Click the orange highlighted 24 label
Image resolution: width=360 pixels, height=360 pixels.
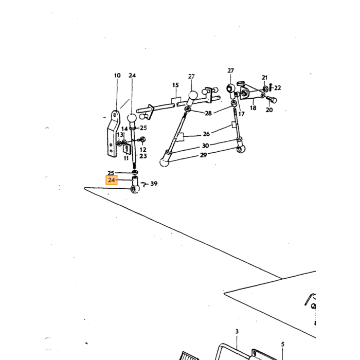[x=112, y=180]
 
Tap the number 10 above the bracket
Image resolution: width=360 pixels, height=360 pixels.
[x=117, y=76]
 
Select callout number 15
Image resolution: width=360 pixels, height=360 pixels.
[x=175, y=85]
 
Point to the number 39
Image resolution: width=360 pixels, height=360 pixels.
[x=154, y=184]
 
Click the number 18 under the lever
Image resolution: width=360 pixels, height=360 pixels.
[x=253, y=108]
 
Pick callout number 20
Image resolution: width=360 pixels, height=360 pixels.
[x=269, y=110]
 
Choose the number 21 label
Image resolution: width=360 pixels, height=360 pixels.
[x=264, y=78]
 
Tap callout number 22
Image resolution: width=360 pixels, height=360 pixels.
[x=278, y=88]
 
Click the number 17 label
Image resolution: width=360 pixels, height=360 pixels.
[x=241, y=114]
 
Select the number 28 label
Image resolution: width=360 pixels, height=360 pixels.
[x=208, y=113]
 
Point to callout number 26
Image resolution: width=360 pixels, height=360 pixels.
[x=206, y=134]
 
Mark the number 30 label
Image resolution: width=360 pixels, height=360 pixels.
[x=205, y=146]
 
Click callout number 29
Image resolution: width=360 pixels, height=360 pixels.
[x=204, y=155]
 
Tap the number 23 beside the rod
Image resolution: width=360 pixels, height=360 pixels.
[x=143, y=156]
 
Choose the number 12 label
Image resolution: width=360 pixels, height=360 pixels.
[x=143, y=150]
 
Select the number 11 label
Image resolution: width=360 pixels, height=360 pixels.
[x=126, y=158]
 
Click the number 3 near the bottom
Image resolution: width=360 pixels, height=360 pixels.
[x=237, y=331]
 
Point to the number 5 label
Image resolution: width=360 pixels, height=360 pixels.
[x=283, y=345]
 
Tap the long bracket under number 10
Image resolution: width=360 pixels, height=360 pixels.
[x=114, y=134]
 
